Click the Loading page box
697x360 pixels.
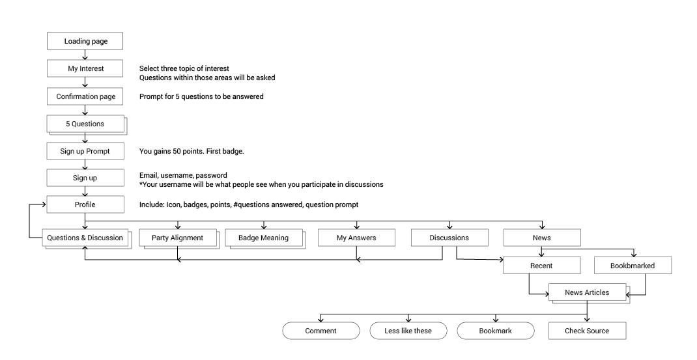pyautogui.click(x=85, y=41)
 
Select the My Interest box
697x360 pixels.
pyautogui.click(x=85, y=68)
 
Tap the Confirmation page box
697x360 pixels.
pyautogui.click(x=85, y=96)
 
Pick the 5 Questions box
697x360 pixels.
pyautogui.click(x=85, y=124)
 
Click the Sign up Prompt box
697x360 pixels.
pyautogui.click(x=85, y=151)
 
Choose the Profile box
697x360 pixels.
pyautogui.click(x=85, y=204)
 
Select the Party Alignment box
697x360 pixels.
pyautogui.click(x=178, y=238)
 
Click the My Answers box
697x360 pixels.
pyautogui.click(x=356, y=238)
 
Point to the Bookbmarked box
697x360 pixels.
pyautogui.click(x=633, y=266)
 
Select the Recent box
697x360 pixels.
pyautogui.click(x=542, y=266)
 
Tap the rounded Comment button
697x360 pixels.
pyautogui.click(x=321, y=331)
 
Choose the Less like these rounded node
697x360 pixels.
pyautogui.click(x=408, y=331)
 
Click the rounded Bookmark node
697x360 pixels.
pyautogui.click(x=496, y=331)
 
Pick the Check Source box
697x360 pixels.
pyautogui.click(x=587, y=331)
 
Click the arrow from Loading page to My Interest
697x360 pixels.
pyautogui.click(x=85, y=55)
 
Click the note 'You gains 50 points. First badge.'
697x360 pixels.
pyautogui.click(x=192, y=151)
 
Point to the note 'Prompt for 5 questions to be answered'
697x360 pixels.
pyautogui.click(x=201, y=96)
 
